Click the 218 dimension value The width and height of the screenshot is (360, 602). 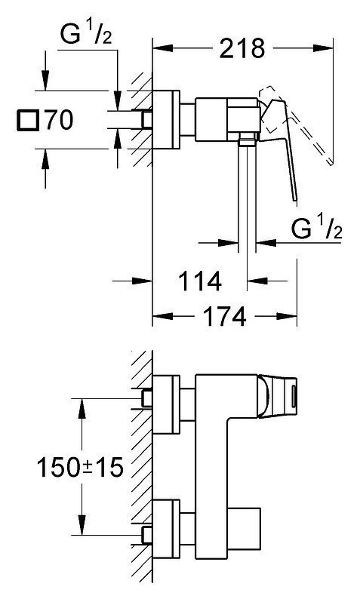click(242, 49)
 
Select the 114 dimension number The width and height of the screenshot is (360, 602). click(200, 281)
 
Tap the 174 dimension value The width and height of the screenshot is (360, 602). click(224, 316)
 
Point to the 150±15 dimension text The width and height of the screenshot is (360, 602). click(80, 467)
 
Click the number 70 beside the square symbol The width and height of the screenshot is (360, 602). click(59, 119)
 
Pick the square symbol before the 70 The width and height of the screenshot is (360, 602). click(28, 120)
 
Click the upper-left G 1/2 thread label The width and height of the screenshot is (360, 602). click(86, 34)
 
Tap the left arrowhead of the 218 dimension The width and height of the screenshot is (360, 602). click(162, 48)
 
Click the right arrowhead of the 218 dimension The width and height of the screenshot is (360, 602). click(323, 48)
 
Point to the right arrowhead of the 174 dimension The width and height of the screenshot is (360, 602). click(287, 316)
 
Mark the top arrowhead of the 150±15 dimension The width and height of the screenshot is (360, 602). click(82, 409)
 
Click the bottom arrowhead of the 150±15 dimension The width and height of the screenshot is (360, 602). click(82, 525)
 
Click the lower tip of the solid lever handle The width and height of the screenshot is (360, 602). click(295, 200)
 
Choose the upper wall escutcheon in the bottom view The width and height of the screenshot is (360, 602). click(166, 404)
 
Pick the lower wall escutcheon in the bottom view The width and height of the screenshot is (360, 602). click(166, 530)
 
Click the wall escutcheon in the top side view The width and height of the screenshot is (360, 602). click(166, 119)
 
